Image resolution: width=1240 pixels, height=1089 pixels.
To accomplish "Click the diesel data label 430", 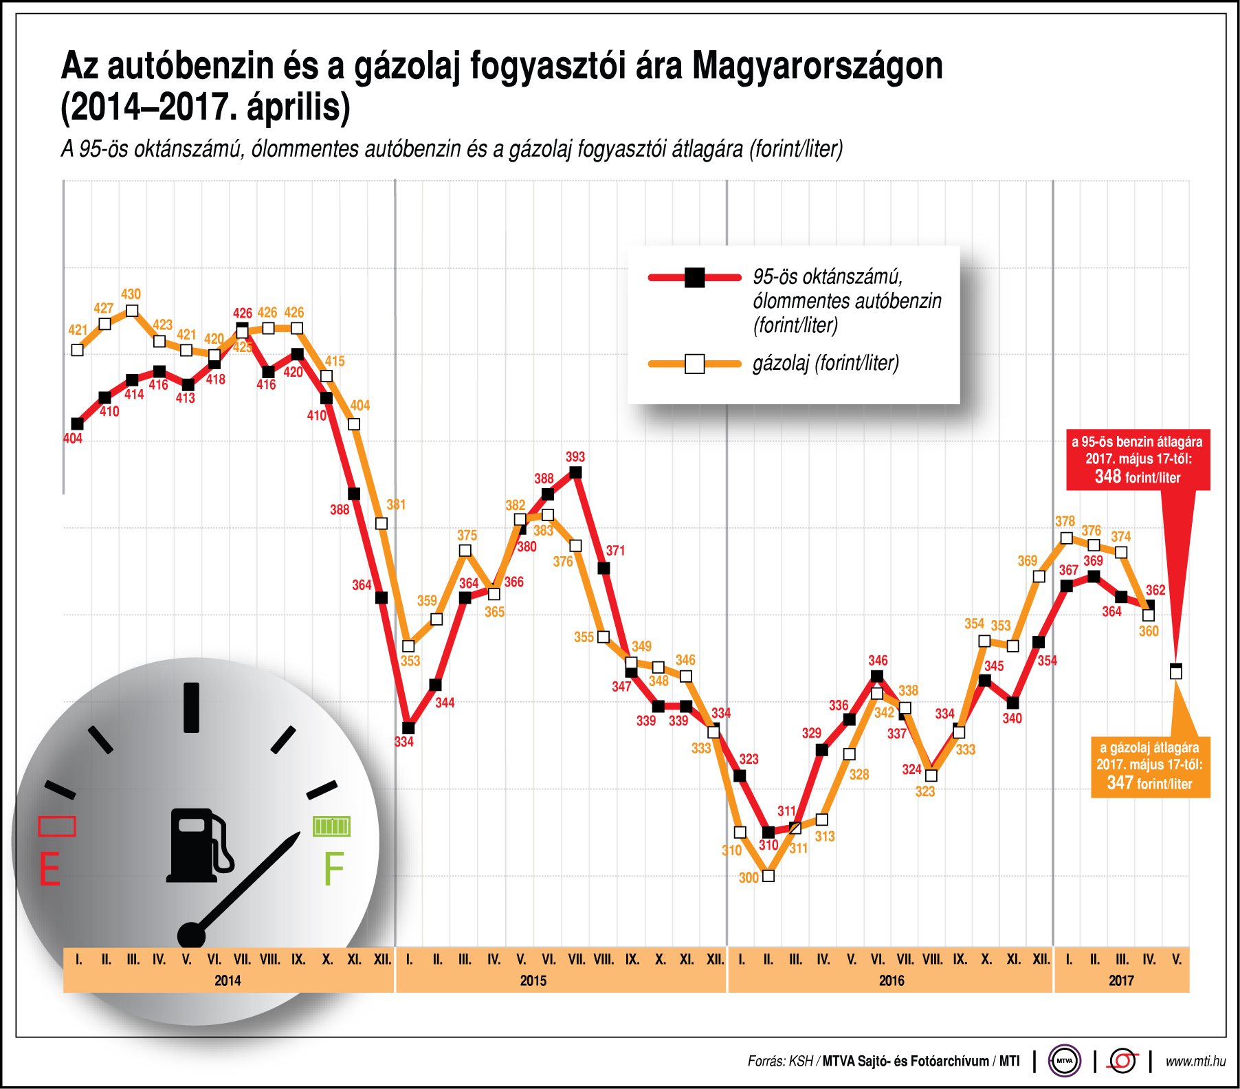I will coord(131,294).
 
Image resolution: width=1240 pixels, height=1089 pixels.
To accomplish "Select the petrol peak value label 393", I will coord(575,456).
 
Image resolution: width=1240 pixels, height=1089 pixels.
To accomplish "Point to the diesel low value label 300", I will coord(749,878).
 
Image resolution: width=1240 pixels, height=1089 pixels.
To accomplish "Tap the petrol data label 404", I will coord(73,439).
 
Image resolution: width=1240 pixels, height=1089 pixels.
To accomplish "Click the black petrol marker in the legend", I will coord(694,278).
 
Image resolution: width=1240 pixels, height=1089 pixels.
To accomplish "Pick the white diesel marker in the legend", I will coord(694,364).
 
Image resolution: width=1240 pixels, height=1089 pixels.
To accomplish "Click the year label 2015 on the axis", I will coord(533,980).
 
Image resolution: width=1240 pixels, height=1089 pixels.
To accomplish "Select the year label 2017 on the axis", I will coord(1121,980).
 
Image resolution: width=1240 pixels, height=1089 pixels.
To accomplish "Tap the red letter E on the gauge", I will coord(49,870).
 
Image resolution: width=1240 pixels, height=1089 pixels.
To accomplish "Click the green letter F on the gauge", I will coord(333,870).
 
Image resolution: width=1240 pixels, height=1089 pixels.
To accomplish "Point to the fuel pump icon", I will coord(199,845).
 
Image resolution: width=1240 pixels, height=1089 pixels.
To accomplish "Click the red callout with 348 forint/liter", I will coord(1138,460).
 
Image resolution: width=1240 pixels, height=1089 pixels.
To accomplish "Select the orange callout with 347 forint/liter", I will coord(1149,766).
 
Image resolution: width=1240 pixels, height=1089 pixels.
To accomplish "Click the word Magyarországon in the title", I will coord(817,67).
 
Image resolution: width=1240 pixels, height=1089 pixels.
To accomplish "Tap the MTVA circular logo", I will coord(1064,1061).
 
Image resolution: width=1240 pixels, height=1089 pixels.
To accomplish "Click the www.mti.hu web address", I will coord(1195,1061).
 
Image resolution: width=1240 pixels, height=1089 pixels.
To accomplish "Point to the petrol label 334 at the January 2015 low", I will coord(404,742).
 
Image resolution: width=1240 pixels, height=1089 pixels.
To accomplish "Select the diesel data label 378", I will coord(1065,522).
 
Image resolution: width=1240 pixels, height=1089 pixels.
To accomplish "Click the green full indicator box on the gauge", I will coord(331,826).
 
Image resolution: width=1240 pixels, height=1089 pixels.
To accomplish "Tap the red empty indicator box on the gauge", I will coord(56,826).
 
